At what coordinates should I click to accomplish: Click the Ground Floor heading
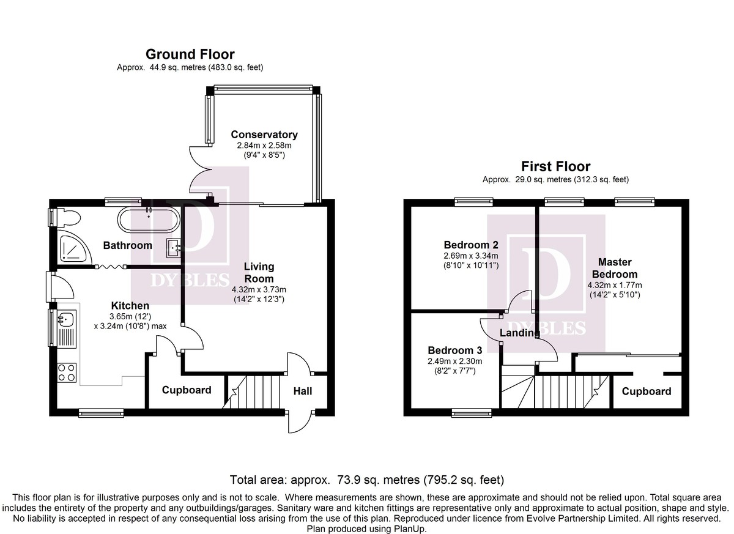tap(190, 54)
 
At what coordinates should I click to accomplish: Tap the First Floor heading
tap(556, 166)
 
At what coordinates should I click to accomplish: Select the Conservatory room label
tap(264, 135)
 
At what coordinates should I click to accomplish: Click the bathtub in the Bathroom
tap(149, 220)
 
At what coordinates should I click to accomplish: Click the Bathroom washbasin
tap(174, 248)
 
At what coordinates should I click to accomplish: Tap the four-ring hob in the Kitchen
tap(67, 373)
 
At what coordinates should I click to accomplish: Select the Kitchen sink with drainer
tap(67, 329)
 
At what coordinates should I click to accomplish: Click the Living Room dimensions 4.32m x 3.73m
tap(259, 289)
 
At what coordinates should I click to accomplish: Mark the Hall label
tap(302, 391)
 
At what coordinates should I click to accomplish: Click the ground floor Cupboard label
tap(187, 390)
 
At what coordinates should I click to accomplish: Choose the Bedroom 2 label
tap(471, 245)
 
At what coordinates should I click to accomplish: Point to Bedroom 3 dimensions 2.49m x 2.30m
tap(455, 361)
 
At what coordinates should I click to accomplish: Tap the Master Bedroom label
tap(615, 268)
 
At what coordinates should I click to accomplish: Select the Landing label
tap(520, 333)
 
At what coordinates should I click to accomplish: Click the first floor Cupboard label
tap(647, 391)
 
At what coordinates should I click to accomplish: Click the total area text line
tap(367, 480)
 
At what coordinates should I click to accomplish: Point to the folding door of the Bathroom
tap(111, 267)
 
